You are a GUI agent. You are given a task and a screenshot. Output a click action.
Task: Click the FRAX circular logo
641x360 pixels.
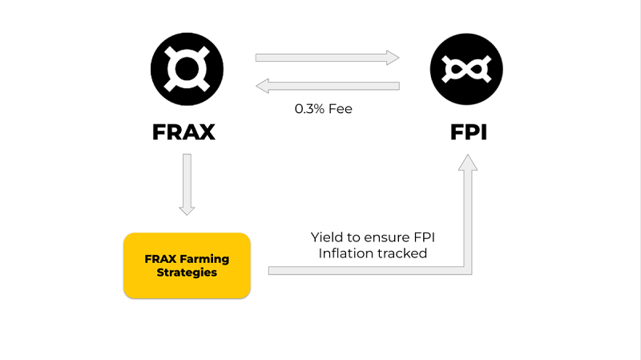(x=187, y=69)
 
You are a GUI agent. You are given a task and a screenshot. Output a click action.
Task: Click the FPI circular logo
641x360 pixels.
(x=466, y=69)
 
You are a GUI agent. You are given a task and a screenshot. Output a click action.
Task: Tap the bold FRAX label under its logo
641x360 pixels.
(x=183, y=132)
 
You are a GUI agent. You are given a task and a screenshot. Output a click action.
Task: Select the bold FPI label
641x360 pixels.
(x=469, y=132)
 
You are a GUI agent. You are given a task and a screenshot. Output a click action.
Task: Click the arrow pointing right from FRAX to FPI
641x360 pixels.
(x=327, y=58)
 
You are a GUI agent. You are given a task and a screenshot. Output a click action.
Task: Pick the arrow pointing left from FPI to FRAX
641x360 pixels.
(x=327, y=86)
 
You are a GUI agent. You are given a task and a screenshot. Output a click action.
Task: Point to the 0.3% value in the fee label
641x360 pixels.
(x=309, y=109)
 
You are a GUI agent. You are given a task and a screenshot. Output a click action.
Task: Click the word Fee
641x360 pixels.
(x=340, y=109)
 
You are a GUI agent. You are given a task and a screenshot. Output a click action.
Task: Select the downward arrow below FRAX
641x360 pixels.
(x=187, y=184)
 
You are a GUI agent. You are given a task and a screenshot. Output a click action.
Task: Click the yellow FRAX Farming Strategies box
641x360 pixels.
(x=187, y=265)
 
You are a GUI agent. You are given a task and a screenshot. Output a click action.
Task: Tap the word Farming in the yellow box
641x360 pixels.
(x=204, y=259)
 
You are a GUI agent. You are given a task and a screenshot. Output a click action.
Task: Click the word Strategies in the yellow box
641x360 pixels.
(x=187, y=272)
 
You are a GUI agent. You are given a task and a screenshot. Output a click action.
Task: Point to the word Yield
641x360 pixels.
(x=325, y=237)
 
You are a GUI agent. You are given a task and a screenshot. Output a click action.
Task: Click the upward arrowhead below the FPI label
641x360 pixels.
(x=468, y=163)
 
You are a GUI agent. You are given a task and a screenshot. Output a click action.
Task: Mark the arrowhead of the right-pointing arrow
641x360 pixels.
(x=393, y=58)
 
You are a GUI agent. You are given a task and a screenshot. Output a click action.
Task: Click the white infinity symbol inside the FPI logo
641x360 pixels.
(x=466, y=69)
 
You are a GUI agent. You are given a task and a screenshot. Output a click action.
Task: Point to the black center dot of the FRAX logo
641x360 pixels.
(x=187, y=69)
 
